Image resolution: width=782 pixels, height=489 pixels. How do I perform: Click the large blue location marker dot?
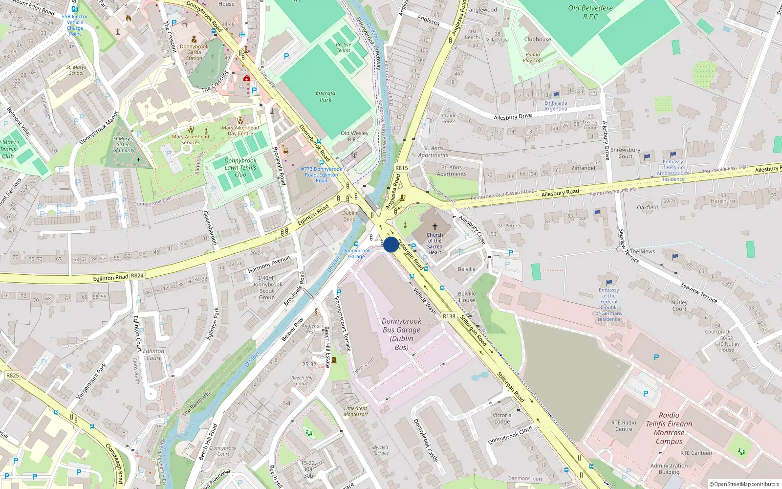[x=391, y=244]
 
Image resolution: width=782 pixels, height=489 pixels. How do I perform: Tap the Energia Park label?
[x=326, y=96]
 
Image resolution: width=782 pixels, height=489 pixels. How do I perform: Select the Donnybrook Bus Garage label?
[x=401, y=334]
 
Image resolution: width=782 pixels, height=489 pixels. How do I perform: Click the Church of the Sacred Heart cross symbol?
[x=434, y=227]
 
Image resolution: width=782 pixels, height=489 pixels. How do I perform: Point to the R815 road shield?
[x=401, y=168]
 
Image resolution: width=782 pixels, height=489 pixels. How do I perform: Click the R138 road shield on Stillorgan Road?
[x=449, y=316]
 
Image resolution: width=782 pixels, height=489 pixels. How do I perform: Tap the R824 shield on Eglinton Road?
[x=137, y=275]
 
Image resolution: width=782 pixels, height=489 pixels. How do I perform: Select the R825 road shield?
[x=12, y=376]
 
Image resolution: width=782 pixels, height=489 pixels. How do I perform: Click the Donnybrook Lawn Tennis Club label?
[x=240, y=167]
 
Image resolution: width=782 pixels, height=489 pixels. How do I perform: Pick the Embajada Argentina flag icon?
[x=556, y=95]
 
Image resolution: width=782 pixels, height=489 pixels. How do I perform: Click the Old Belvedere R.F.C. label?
[x=590, y=12]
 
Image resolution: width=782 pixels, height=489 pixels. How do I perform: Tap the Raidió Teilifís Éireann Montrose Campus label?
[x=669, y=428]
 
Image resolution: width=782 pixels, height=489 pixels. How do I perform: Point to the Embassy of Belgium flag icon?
[x=673, y=155]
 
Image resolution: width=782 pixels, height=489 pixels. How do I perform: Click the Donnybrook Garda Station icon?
[x=194, y=40]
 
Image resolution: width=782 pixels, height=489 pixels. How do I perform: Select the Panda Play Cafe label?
[x=532, y=58]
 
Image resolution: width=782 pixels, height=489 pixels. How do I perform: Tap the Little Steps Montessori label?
[x=355, y=411]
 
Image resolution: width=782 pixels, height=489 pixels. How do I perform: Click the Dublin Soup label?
[x=349, y=216]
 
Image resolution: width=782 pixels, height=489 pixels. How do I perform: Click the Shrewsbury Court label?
[x=625, y=153]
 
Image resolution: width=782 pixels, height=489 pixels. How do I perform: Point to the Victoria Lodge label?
[x=501, y=418]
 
